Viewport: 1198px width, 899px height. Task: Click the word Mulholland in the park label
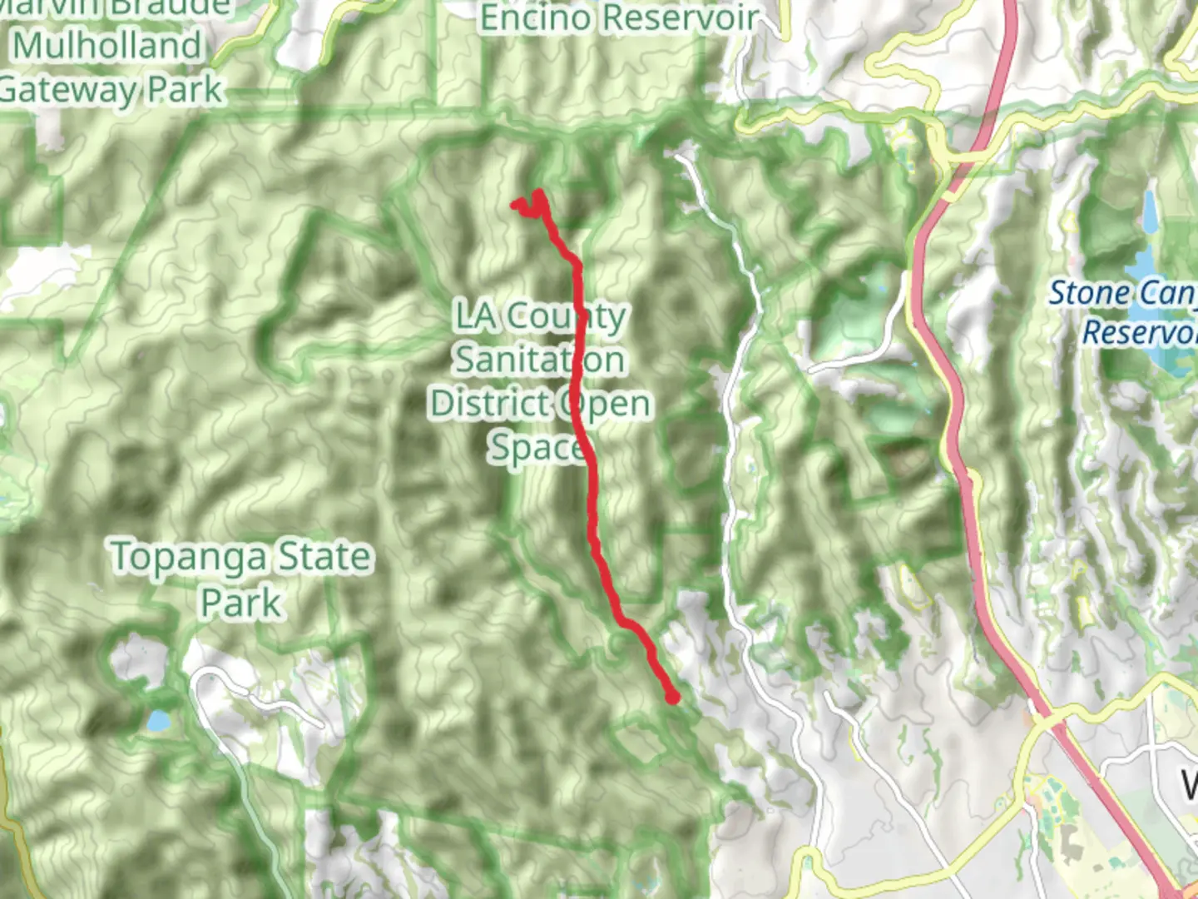108,45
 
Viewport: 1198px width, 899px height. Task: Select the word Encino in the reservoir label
537,17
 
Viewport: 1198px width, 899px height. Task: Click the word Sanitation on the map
539,360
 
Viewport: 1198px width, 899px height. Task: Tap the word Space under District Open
535,448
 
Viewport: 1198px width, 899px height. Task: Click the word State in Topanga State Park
324,557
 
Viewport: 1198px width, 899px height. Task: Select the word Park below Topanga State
241,602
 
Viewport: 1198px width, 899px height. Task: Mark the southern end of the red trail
672,698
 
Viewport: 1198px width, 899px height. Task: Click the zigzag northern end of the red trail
527,205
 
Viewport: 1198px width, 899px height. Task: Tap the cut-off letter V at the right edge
1191,783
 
